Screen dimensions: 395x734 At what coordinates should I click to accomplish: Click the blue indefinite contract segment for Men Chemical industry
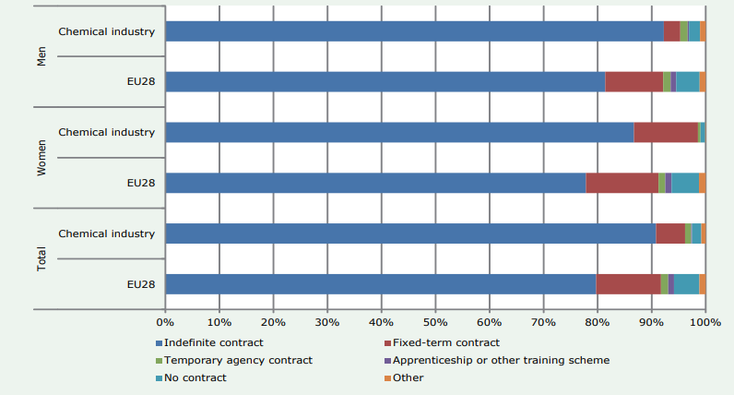tap(414, 31)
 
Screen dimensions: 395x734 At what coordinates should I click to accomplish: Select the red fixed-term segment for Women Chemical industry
tap(666, 132)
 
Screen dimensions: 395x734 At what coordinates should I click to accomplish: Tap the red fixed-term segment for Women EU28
tap(622, 183)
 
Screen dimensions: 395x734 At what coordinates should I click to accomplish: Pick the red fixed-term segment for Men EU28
tap(633, 81)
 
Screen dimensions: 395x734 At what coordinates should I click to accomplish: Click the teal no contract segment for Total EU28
tap(686, 283)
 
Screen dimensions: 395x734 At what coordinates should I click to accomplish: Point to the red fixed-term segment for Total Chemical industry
tap(670, 233)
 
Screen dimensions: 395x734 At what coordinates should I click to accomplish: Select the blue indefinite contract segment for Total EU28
tap(380, 283)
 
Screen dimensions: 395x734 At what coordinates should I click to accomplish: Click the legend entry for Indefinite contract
tap(202, 343)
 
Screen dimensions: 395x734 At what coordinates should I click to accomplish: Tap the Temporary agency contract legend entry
tap(237, 360)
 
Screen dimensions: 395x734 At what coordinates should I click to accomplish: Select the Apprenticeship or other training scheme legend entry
tap(501, 360)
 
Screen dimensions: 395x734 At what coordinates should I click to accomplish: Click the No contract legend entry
tap(194, 377)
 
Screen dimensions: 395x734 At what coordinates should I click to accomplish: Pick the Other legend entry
tap(408, 377)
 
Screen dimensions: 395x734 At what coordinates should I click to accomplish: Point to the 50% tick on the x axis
tap(434, 322)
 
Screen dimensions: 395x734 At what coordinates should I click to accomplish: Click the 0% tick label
tap(165, 322)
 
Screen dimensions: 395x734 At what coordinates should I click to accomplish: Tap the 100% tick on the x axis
tap(705, 322)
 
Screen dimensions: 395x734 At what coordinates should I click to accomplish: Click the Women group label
tap(41, 158)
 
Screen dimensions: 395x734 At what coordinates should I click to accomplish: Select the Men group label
tap(41, 56)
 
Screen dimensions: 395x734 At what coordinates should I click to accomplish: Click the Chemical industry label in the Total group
tap(106, 233)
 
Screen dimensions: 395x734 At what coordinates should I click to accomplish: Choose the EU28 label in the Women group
tap(141, 183)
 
